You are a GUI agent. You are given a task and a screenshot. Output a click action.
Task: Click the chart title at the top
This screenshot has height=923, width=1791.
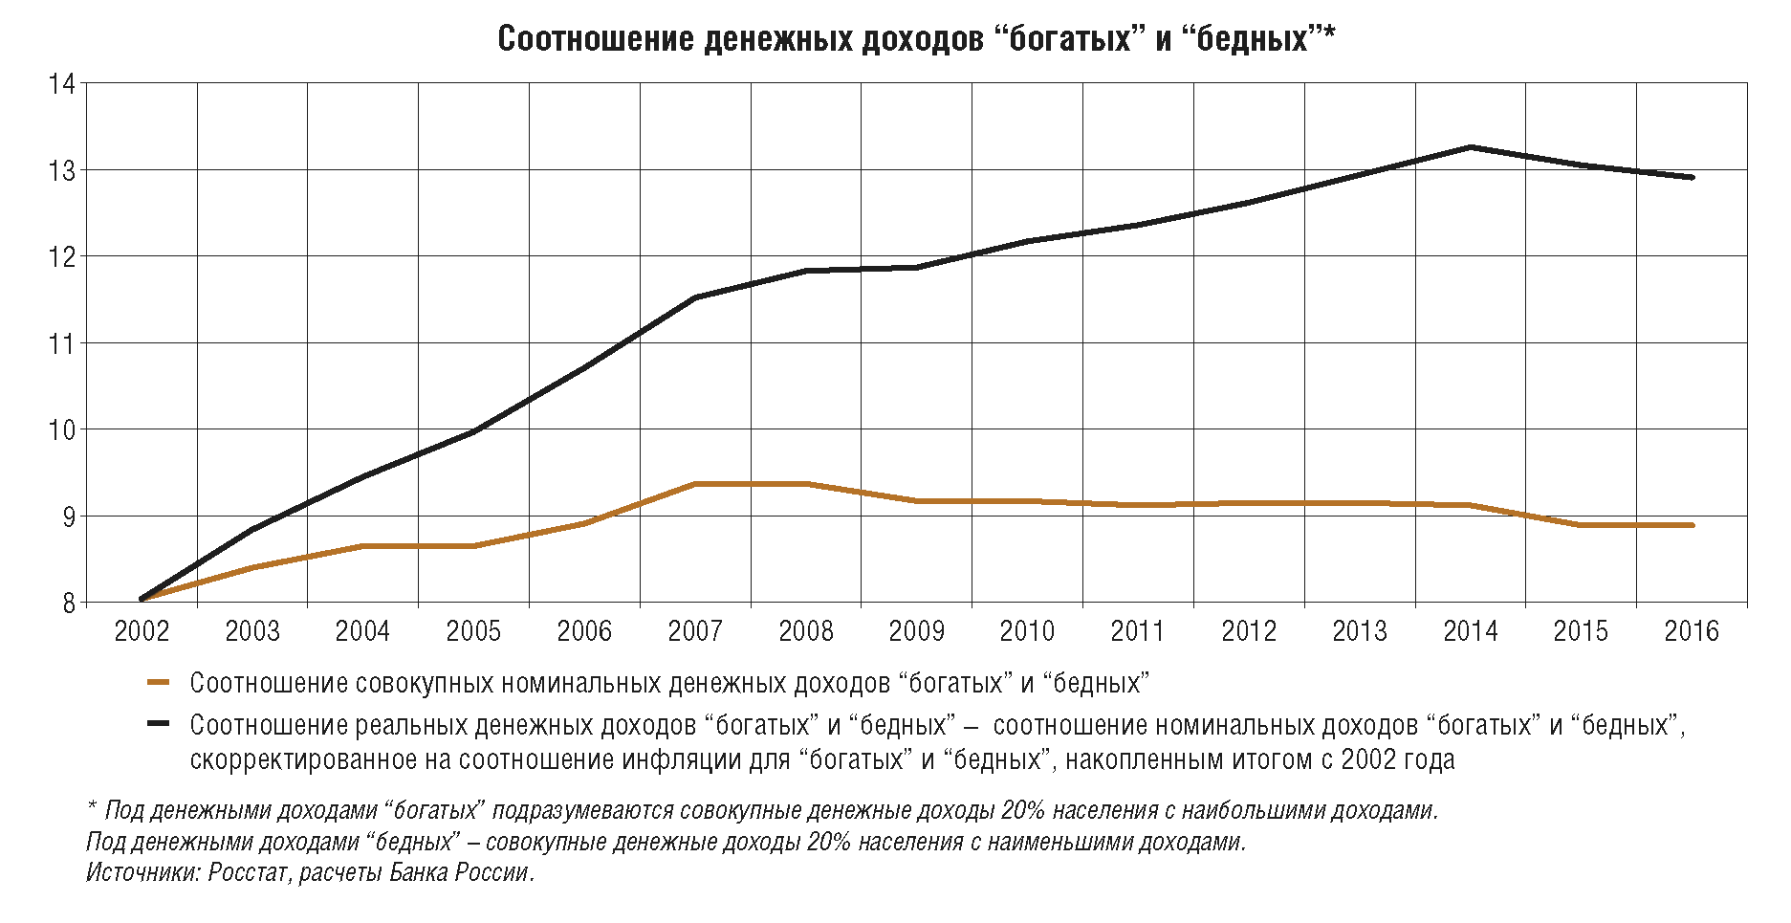(x=915, y=39)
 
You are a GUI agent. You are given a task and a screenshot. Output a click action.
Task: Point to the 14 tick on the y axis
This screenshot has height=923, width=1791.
(x=62, y=84)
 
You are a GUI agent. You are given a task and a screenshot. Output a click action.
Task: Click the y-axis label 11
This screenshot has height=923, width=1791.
(x=62, y=343)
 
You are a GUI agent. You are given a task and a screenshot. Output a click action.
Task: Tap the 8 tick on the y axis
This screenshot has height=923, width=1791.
(x=68, y=604)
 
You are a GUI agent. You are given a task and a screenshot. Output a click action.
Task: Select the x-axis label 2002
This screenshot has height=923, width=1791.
(x=142, y=631)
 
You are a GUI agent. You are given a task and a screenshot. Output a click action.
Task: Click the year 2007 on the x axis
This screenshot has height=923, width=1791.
(x=695, y=631)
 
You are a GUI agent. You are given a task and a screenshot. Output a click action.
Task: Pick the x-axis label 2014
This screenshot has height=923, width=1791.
(x=1471, y=631)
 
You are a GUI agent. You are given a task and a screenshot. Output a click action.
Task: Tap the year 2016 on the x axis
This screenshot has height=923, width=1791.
(x=1692, y=631)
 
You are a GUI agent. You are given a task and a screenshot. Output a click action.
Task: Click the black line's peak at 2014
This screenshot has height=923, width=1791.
(x=1471, y=147)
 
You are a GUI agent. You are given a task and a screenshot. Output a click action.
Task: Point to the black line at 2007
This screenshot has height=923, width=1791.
(x=695, y=297)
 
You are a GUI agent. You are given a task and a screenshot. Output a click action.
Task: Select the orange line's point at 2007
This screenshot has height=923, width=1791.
(x=695, y=484)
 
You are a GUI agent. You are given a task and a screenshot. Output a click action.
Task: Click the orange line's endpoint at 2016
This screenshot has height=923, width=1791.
(x=1692, y=525)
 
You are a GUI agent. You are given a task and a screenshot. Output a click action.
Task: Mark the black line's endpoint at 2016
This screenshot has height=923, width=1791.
(x=1692, y=177)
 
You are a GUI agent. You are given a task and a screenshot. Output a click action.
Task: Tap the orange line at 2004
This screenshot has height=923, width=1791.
(x=363, y=546)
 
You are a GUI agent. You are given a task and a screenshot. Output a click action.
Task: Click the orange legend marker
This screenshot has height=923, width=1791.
(x=158, y=683)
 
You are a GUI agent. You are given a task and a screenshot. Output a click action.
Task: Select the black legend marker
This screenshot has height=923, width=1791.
(x=158, y=724)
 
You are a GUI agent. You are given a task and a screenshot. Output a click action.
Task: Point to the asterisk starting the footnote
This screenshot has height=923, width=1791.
(x=92, y=809)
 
